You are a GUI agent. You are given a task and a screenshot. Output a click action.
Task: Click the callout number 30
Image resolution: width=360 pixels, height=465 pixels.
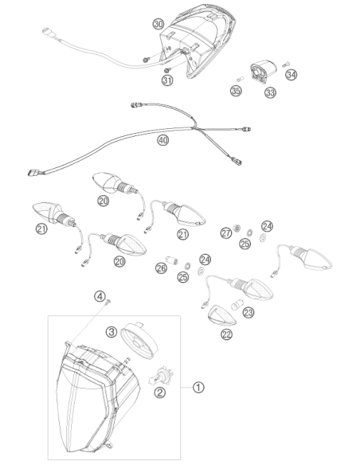point(158,24)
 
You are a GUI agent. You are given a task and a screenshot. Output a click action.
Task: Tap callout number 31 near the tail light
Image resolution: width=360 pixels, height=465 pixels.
point(167,80)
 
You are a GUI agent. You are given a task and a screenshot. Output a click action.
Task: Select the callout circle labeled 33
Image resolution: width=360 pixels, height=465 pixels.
point(270,92)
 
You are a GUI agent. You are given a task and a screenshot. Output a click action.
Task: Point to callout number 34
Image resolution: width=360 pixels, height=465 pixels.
point(292,74)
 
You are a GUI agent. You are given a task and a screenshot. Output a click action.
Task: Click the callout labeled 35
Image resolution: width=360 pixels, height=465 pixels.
point(236,91)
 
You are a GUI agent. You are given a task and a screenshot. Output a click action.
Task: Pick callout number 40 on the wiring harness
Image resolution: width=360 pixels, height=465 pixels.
point(162,140)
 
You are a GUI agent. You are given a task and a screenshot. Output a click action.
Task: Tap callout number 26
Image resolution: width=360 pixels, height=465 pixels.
point(162,268)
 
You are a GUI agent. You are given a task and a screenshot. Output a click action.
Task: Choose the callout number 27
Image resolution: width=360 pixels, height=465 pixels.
point(226,232)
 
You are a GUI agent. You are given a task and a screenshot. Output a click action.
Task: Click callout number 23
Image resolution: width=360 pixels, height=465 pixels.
point(248,312)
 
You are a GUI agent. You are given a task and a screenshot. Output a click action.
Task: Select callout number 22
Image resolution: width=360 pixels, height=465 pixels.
point(226,334)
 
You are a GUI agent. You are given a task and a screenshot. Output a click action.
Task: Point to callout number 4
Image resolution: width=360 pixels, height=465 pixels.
point(100,296)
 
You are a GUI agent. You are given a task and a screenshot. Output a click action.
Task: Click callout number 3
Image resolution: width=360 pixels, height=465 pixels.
point(112,331)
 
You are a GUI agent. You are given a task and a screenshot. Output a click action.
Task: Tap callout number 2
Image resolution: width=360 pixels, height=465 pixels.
point(160,393)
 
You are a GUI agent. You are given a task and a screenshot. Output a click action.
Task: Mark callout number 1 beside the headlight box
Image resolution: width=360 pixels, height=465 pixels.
point(198,387)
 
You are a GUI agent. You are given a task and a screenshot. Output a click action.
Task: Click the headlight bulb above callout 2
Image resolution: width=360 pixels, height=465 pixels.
point(161,376)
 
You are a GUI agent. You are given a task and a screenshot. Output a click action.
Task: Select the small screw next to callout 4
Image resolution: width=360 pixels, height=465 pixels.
point(108,303)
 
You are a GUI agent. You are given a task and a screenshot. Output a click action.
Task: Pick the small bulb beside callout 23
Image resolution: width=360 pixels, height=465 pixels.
point(237,303)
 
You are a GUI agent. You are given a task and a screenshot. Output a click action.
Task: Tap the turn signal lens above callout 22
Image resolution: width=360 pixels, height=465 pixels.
point(222,316)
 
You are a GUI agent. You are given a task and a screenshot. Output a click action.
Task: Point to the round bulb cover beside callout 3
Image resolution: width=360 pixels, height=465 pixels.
point(140,341)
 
